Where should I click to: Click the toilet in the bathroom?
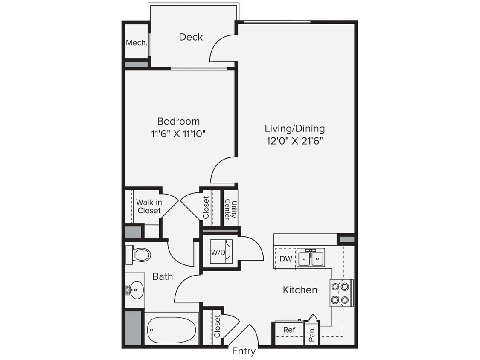coord(140,255)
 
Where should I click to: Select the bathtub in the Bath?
coord(171,329)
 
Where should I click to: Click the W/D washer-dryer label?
coord(218,252)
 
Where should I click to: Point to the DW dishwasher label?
coord(285,258)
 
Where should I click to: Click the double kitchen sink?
coord(310,258)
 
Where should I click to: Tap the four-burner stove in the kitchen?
coord(341,293)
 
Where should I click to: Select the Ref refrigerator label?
coord(289,330)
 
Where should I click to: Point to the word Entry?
coord(244,351)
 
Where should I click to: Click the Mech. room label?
coord(137,43)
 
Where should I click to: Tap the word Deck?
coord(191,37)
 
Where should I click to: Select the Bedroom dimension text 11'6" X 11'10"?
coord(178,134)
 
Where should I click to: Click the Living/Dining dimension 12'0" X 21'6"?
coord(294,141)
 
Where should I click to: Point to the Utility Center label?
coord(230,209)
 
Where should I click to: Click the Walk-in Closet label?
coord(149,206)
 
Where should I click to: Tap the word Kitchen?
coord(300,290)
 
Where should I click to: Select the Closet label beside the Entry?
coord(217,326)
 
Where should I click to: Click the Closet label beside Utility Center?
coord(207,207)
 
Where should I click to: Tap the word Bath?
coord(163,276)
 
